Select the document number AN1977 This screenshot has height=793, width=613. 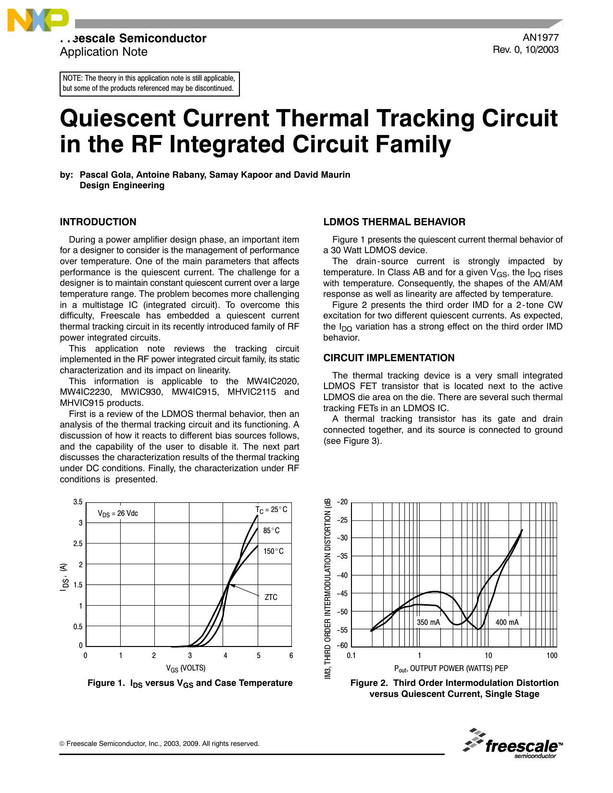pos(540,38)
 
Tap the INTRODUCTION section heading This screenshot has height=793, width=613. pos(98,222)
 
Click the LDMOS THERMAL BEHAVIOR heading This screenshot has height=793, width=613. pos(394,222)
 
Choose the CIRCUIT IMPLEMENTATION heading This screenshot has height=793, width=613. pos(388,358)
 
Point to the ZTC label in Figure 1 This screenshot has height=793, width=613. pos(271,597)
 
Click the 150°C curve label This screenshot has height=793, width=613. pos(273,551)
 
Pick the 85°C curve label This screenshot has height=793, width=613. pos(271,531)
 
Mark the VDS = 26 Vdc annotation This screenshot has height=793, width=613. pos(118,513)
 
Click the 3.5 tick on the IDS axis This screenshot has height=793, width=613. pos(78,502)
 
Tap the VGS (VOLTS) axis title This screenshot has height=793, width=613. pos(186,668)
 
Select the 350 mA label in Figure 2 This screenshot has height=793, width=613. pos(428,622)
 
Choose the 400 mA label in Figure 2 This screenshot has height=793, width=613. pos(507,622)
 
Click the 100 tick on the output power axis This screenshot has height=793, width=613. pos(551,656)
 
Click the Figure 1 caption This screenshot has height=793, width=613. pos(190,683)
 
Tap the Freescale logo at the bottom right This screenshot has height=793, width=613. pos(513,744)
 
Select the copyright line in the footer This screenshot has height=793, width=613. pos(159,744)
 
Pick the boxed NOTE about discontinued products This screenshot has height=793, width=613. pos(150,84)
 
